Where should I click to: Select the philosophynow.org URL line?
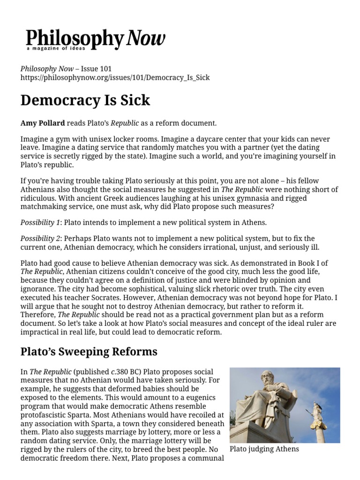point(115,78)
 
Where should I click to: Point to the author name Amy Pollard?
point(43,123)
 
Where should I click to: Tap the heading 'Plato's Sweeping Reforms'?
point(89,352)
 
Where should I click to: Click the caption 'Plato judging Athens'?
point(264,449)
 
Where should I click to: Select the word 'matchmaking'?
point(44,206)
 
